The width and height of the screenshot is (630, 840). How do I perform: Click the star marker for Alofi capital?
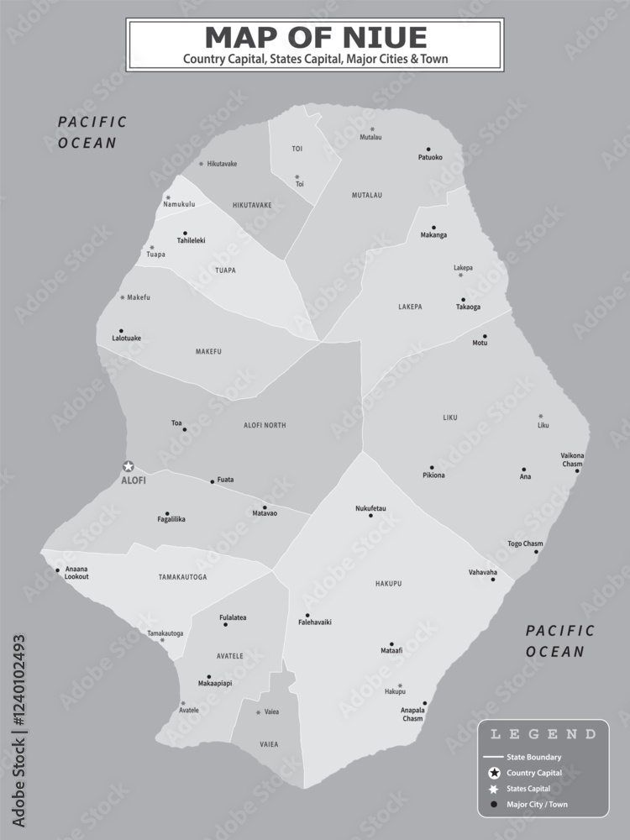click(x=129, y=466)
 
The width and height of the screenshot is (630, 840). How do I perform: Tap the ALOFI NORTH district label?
click(x=265, y=426)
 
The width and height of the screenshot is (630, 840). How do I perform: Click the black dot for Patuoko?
click(x=428, y=149)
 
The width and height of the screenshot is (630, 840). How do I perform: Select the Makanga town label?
click(x=433, y=235)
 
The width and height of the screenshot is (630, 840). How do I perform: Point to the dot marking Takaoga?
click(x=463, y=299)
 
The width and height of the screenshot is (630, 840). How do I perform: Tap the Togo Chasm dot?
click(x=537, y=552)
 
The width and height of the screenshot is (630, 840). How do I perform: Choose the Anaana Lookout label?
click(x=76, y=573)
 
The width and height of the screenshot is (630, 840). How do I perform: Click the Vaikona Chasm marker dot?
click(x=577, y=470)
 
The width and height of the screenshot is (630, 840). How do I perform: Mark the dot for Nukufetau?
click(x=370, y=515)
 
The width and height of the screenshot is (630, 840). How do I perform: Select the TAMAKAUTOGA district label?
click(x=182, y=577)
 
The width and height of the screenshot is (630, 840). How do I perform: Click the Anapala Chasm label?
click(x=412, y=714)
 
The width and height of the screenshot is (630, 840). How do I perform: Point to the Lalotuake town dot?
click(x=121, y=331)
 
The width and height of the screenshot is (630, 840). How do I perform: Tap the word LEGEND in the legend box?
click(x=543, y=734)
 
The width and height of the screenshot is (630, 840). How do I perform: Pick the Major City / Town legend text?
click(x=538, y=805)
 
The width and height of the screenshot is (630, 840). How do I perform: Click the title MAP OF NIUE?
click(x=315, y=37)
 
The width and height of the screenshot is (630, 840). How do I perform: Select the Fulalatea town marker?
click(x=227, y=625)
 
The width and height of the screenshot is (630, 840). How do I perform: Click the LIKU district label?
click(x=452, y=417)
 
